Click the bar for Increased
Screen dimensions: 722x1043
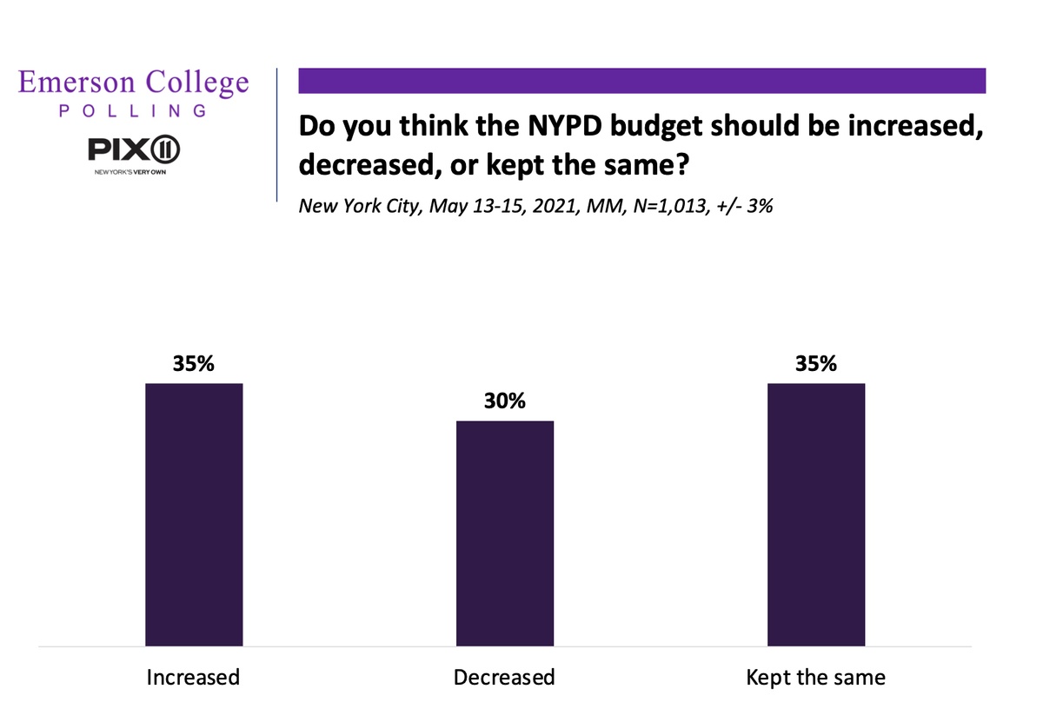194,514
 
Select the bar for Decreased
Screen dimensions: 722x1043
505,533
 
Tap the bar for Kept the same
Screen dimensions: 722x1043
816,514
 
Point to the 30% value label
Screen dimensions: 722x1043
505,402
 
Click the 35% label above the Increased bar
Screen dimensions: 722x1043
194,364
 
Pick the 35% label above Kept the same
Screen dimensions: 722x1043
816,364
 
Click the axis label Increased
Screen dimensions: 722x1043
193,676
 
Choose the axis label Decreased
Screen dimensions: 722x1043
504,676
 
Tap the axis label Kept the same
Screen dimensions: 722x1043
815,676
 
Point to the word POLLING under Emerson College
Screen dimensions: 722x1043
134,111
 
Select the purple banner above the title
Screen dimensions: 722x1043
641,81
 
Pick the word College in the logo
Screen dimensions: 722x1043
196,83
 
